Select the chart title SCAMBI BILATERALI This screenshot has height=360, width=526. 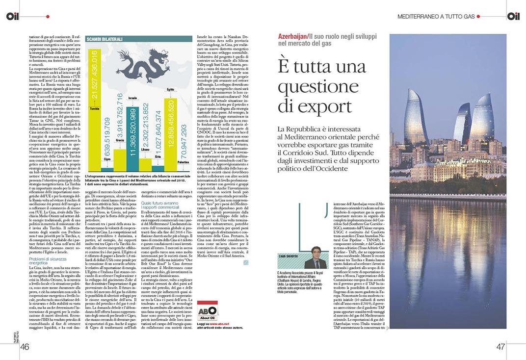coord(104,39)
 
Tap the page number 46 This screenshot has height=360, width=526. coord(25,347)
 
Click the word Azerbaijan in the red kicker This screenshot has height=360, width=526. coord(292,37)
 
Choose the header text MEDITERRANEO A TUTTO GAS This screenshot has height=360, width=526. coord(436,17)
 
